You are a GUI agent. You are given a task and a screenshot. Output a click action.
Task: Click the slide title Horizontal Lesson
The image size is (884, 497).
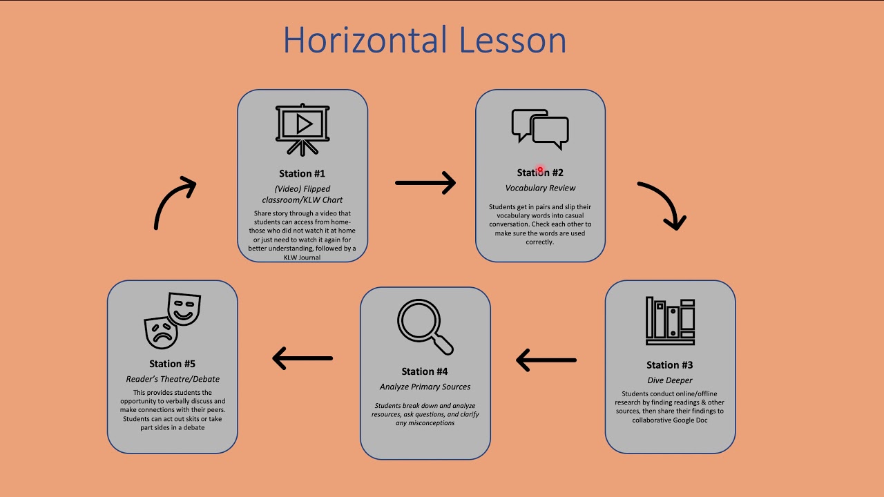(x=424, y=40)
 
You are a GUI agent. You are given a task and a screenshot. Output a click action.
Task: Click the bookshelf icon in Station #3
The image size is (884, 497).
(x=670, y=321)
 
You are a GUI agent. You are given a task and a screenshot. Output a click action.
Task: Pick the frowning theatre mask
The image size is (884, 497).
(x=161, y=332)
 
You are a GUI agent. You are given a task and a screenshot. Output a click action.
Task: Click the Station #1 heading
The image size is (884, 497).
(x=302, y=173)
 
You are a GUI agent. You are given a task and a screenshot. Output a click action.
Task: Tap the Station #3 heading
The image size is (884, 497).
(x=669, y=365)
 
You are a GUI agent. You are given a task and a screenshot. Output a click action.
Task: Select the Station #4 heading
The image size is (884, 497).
(x=425, y=371)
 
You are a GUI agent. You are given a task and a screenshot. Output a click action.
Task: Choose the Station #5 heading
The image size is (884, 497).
(x=172, y=364)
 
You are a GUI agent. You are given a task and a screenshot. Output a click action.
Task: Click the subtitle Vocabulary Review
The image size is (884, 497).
(x=540, y=188)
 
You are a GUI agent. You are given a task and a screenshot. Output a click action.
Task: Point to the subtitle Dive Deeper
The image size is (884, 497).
(x=669, y=380)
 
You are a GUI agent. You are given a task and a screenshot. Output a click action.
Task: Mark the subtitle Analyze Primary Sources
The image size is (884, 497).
(x=425, y=387)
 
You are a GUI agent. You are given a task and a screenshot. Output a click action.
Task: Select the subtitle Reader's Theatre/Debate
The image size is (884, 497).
(x=173, y=379)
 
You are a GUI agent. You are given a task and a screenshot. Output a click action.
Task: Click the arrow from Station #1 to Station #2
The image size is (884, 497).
(x=425, y=183)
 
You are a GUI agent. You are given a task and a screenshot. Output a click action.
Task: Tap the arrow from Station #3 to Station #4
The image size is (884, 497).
(x=546, y=360)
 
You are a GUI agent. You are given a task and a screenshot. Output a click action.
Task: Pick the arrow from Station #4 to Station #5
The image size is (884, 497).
(x=302, y=358)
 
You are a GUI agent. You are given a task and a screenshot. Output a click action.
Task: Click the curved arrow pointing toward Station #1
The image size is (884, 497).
(x=174, y=202)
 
